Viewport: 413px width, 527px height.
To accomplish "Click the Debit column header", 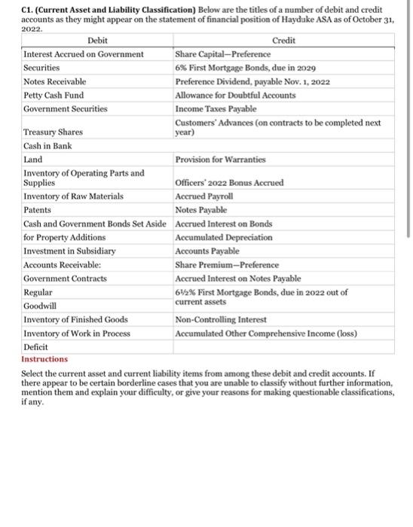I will [x=97, y=41].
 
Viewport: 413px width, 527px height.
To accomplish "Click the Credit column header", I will [x=283, y=41].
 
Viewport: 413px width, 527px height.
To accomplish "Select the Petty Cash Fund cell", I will [x=54, y=95].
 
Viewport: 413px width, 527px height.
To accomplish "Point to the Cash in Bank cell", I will [x=48, y=145].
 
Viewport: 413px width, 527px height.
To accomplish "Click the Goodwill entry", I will [x=41, y=306].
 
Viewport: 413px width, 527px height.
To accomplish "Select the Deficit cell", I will [x=36, y=347].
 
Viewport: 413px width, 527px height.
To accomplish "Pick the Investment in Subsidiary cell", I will [x=70, y=251].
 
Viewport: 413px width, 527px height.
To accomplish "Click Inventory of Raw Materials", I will [x=74, y=196].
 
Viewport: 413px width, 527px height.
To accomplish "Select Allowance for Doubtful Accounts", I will [x=235, y=95].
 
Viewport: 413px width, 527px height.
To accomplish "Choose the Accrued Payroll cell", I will [x=203, y=196].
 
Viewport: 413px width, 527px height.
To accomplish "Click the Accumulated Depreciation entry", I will [x=224, y=237].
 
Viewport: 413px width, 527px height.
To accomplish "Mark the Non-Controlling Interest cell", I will [x=222, y=319].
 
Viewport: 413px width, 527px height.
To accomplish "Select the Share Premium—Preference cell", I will [x=227, y=264].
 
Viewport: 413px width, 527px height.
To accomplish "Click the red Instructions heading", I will [x=44, y=359].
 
